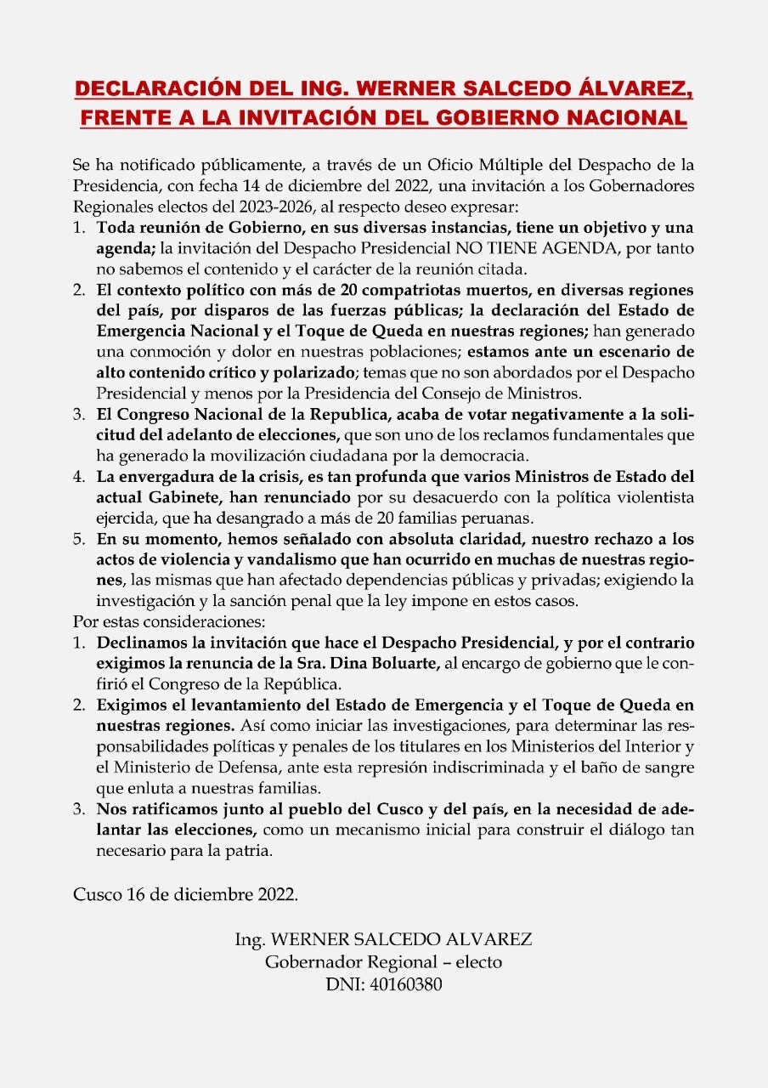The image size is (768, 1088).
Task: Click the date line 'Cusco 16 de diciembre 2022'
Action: coord(185,894)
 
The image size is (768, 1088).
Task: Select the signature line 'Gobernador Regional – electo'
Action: coord(383,963)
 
